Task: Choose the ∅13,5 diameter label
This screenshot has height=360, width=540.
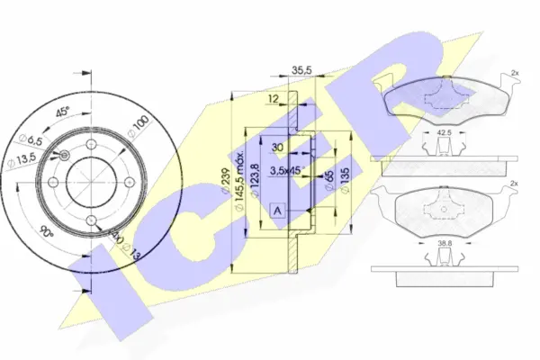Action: (x=22, y=161)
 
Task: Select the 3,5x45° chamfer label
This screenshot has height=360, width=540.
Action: (x=292, y=167)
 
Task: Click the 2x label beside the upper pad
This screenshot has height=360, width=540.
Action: (x=514, y=72)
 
